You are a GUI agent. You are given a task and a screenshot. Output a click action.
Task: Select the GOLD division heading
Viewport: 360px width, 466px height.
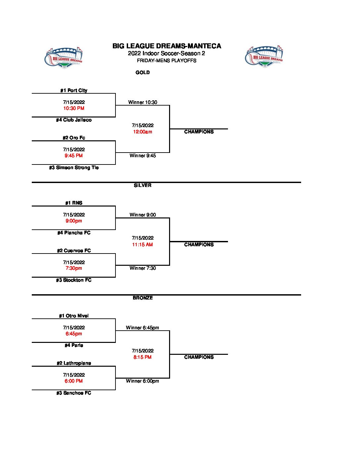coord(143,72)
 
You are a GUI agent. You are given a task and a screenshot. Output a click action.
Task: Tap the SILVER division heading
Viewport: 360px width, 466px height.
coord(143,185)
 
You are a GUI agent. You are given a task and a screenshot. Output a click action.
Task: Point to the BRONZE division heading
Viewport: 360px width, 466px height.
coord(143,298)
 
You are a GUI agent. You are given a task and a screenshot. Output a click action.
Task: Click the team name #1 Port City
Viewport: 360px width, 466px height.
coord(74,90)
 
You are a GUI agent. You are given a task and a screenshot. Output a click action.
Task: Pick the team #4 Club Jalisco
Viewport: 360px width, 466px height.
coord(74,120)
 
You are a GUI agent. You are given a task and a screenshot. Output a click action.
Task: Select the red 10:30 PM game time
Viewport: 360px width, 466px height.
coord(74,108)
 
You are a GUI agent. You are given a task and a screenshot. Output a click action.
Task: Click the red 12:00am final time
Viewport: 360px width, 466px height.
coord(143,132)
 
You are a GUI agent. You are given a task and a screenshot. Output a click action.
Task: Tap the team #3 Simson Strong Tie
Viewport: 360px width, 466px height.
coord(74,167)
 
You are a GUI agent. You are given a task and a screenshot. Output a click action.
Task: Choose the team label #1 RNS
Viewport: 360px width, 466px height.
coord(74,203)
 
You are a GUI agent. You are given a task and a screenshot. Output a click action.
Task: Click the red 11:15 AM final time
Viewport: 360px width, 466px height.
coord(143,245)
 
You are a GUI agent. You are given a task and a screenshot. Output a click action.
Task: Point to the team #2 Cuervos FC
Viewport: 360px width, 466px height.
coord(74,251)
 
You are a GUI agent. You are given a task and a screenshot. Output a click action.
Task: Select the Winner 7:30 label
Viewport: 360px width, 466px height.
coord(143,268)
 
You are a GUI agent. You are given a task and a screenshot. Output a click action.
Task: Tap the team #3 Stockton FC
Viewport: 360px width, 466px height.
coord(74,280)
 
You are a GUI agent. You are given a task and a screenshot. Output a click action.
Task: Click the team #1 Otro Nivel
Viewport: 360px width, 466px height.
coord(74,316)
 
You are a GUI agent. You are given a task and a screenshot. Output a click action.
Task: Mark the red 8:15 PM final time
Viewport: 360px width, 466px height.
coord(143,357)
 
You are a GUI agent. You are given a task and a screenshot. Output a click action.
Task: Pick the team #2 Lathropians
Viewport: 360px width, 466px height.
coord(74,363)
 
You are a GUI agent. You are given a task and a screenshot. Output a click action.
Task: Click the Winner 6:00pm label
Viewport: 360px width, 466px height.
coord(143,381)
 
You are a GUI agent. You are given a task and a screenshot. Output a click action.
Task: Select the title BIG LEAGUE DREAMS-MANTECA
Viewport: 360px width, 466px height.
coord(167,46)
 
